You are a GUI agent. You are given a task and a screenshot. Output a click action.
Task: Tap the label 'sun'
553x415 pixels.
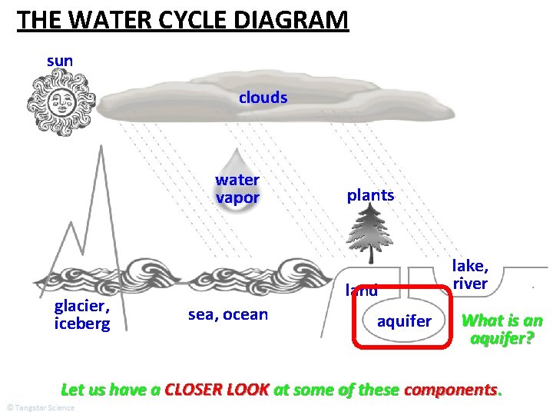pos(60,59)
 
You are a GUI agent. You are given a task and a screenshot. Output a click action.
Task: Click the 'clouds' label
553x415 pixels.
pos(263,98)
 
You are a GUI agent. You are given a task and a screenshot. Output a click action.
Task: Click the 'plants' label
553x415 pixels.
pos(370,195)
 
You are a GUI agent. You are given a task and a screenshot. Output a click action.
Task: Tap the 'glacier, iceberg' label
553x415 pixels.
pos(82,314)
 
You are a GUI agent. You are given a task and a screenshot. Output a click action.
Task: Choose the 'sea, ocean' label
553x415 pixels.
pos(228,314)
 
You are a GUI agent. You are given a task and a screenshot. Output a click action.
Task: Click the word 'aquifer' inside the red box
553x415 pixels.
pos(404,321)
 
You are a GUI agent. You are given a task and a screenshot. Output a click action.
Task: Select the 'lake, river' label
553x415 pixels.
pos(470,274)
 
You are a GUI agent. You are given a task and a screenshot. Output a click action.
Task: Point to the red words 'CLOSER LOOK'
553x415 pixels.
pos(217,389)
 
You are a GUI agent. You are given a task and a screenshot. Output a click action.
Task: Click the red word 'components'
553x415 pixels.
pos(451,389)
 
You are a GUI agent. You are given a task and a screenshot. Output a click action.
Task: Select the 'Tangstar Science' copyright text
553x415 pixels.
pos(40,407)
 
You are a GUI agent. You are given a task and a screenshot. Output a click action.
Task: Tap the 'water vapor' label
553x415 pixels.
pos(237,189)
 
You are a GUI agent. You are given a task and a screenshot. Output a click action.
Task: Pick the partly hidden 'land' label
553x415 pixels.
pos(361,290)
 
